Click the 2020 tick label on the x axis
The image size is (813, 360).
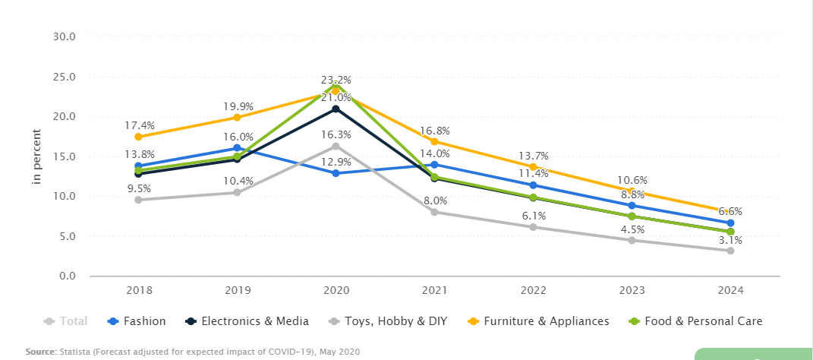[336, 290]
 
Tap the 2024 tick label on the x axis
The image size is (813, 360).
[730, 290]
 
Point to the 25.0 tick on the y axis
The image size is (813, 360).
[65, 77]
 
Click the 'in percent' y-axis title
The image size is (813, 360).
[36, 156]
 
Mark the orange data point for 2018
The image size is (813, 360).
[138, 137]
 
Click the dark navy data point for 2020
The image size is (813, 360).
[336, 109]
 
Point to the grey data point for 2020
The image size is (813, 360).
[336, 146]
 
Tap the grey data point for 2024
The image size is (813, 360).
[730, 251]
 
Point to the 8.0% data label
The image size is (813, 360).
[435, 201]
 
